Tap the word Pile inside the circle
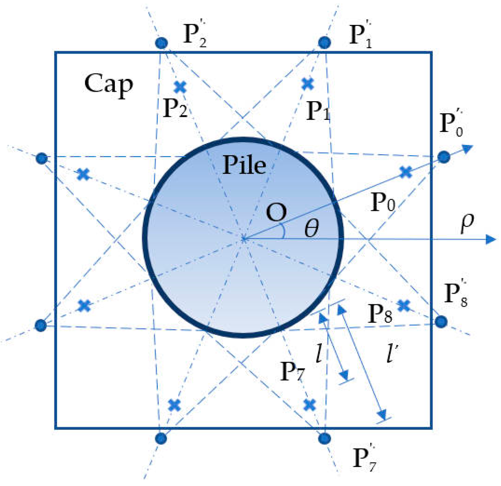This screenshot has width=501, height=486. pyautogui.click(x=244, y=165)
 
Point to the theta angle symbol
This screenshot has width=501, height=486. pyautogui.click(x=311, y=228)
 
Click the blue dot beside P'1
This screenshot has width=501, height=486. pyautogui.click(x=325, y=42)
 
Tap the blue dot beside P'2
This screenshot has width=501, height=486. pyautogui.click(x=161, y=43)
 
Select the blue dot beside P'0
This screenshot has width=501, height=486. pyautogui.click(x=444, y=157)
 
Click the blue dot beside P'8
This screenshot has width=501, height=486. pyautogui.click(x=441, y=322)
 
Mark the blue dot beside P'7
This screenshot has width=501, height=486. pyautogui.click(x=324, y=438)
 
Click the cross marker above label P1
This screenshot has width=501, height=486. pyautogui.click(x=308, y=84)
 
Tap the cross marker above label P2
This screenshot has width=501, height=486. pyautogui.click(x=180, y=87)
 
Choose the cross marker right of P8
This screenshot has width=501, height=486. pyautogui.click(x=404, y=306)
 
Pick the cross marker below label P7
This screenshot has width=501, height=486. pyautogui.click(x=310, y=405)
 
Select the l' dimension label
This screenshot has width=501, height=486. pyautogui.click(x=392, y=354)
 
